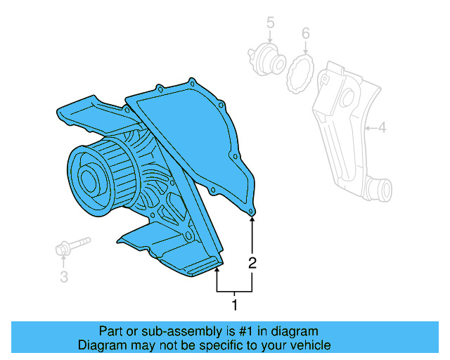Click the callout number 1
[x=235, y=304]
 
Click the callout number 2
[x=252, y=264]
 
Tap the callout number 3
[x=63, y=277]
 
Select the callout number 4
[x=382, y=128]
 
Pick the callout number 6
[x=305, y=33]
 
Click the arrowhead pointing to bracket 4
[x=367, y=128]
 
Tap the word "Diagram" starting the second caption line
[x=100, y=345]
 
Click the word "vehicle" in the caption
[x=310, y=345]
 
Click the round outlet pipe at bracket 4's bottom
[x=381, y=189]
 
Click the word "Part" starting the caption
[x=111, y=330]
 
